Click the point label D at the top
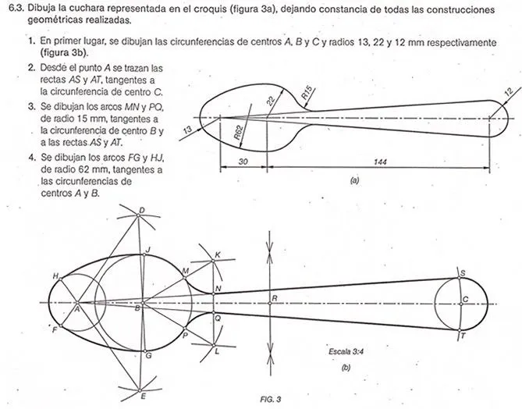click(141, 210)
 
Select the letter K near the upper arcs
click(218, 254)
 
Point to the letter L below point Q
click(218, 351)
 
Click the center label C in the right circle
click(466, 299)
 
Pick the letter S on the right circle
click(463, 273)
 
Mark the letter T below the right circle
click(463, 336)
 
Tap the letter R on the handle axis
click(274, 299)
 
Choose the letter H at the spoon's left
click(55, 276)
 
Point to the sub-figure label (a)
click(354, 179)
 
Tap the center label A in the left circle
click(77, 308)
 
